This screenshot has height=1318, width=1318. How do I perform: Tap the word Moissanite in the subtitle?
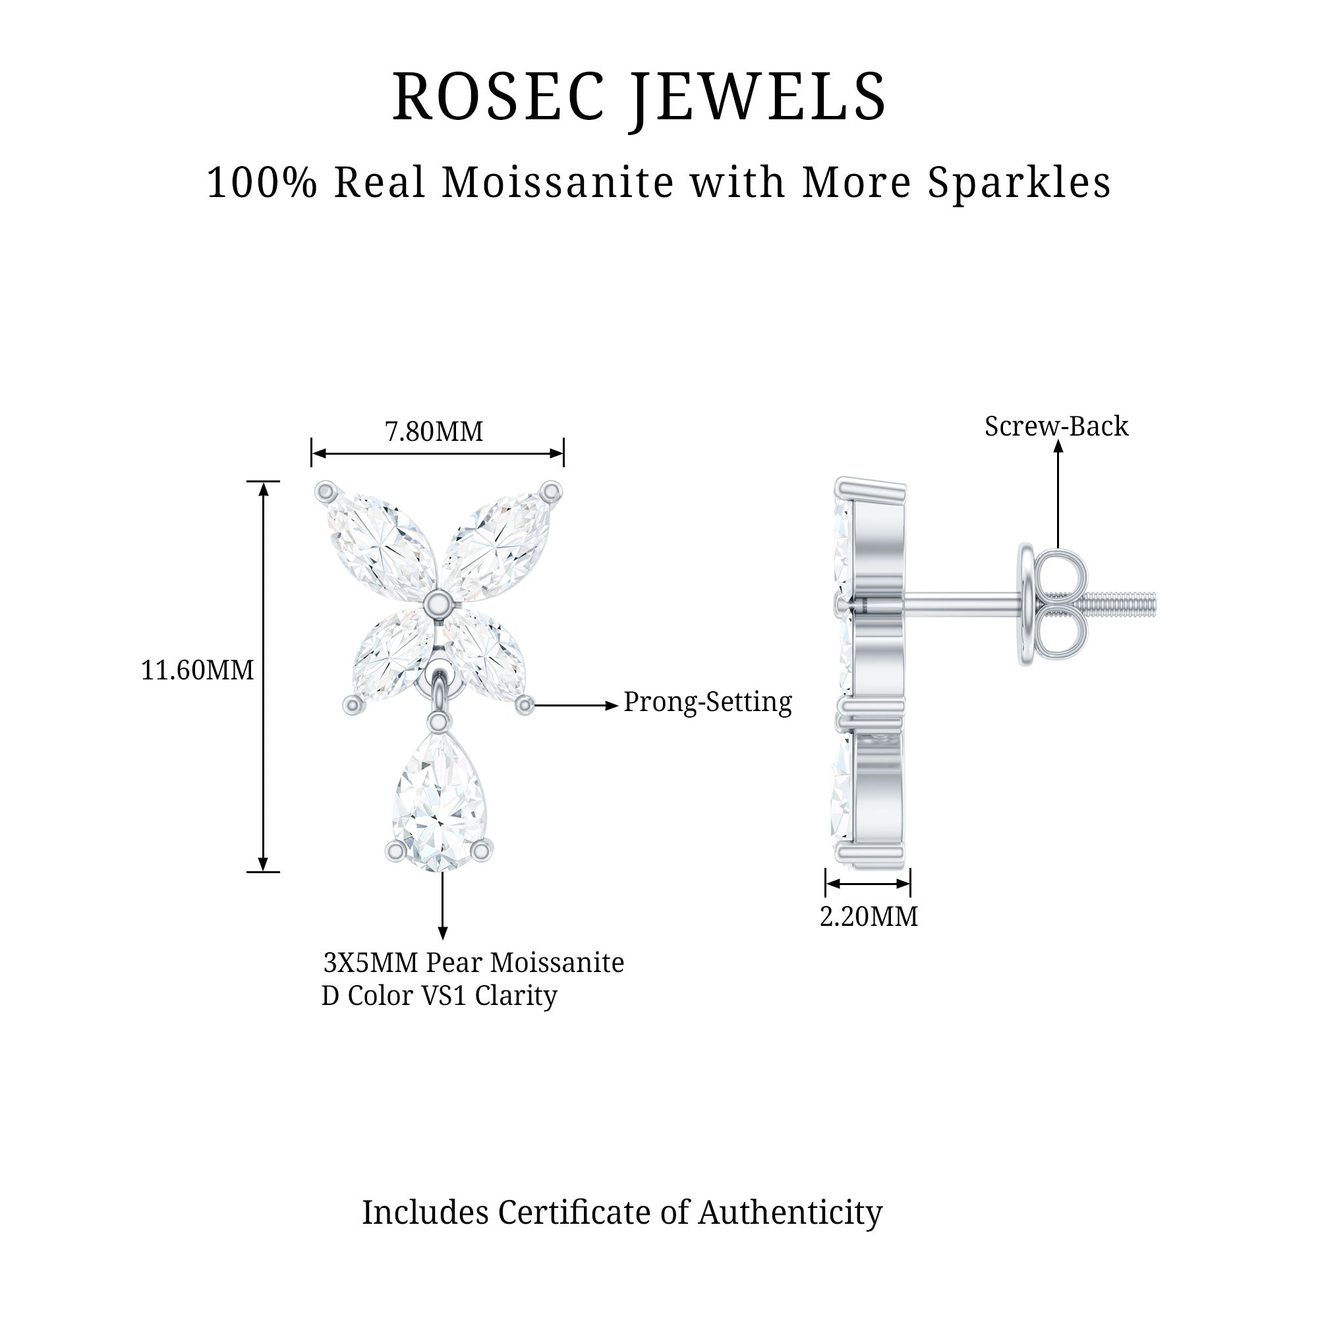(558, 183)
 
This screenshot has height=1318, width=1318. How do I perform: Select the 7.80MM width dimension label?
(434, 431)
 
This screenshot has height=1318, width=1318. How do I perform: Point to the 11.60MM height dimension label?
(197, 670)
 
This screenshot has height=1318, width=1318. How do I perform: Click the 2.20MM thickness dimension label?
(869, 916)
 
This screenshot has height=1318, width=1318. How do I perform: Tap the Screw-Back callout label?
(1056, 426)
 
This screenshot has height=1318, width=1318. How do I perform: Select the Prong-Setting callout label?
(707, 701)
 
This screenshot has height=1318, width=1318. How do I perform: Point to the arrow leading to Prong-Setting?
(577, 706)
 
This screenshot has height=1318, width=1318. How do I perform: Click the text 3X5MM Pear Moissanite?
(473, 963)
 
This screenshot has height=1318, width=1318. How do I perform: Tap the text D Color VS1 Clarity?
(440, 995)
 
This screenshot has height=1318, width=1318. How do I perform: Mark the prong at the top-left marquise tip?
(326, 490)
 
